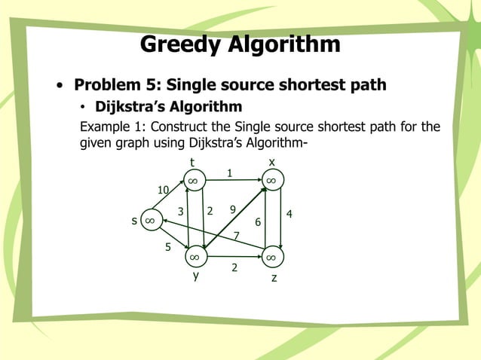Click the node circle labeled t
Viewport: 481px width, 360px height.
click(194, 181)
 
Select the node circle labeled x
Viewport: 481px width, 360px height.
click(271, 181)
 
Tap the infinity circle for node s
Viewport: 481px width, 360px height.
click(150, 220)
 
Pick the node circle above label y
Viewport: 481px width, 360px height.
click(194, 257)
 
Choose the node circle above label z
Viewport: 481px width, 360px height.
click(271, 257)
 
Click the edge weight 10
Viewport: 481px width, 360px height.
click(163, 189)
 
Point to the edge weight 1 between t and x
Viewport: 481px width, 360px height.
click(230, 173)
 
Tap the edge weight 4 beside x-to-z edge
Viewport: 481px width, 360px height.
click(290, 215)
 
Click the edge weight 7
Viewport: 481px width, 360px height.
click(236, 236)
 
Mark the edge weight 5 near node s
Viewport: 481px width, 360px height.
click(168, 246)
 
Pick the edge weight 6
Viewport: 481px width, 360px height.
click(258, 222)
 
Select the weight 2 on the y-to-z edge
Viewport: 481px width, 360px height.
click(234, 267)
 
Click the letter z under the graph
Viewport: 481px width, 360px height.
click(274, 278)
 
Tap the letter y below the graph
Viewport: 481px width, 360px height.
click(196, 276)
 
